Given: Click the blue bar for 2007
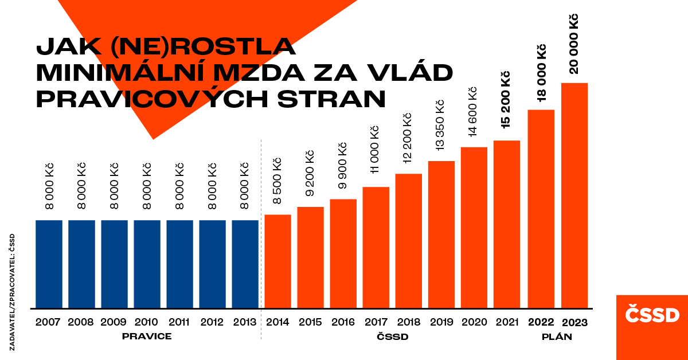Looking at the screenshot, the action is pos(49,264).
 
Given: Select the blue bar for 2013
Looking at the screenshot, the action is pos(245,264).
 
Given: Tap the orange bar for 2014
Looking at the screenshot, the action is pos(277,261).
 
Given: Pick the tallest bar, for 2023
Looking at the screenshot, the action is pos(574,195).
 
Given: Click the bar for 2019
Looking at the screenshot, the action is pos(441,234).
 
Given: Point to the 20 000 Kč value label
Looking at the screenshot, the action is pos(573,44).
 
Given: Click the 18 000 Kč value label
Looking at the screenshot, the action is pos(541,73).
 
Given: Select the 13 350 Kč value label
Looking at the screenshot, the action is pos(440,126).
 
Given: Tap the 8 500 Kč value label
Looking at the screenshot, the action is pos(276,181).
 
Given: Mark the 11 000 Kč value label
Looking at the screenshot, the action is pos(374,150).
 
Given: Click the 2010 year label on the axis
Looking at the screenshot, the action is pos(146,322).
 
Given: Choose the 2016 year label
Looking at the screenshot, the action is pos(343,322).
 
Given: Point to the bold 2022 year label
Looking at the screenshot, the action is pos(541,322).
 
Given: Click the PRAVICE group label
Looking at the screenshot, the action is pos(147,336).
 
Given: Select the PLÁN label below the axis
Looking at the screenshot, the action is pos(557,336).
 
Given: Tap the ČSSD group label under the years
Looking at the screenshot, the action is pos(393,336).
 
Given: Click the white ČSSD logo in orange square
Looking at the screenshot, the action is pos(652,314).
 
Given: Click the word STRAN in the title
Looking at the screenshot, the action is pos(331,99).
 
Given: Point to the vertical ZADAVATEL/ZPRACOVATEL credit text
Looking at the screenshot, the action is pos(12,292).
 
